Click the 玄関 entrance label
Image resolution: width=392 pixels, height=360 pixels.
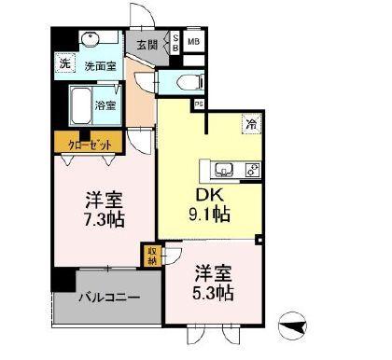pyautogui.click(x=148, y=44)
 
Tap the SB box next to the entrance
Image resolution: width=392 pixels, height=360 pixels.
pyautogui.click(x=174, y=42)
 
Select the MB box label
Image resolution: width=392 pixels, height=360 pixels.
pyautogui.click(x=193, y=42)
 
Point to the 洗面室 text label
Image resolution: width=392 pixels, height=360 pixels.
pyautogui.click(x=99, y=66)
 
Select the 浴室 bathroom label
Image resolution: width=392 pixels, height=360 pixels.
pyautogui.click(x=105, y=105)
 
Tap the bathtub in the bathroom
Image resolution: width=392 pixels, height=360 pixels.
pyautogui.click(x=79, y=104)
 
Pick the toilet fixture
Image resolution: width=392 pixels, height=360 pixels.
pyautogui.click(x=180, y=83)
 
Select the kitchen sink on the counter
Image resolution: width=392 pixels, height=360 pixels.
pyautogui.click(x=225, y=170)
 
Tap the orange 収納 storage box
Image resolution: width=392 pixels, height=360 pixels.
pyautogui.click(x=151, y=256)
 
